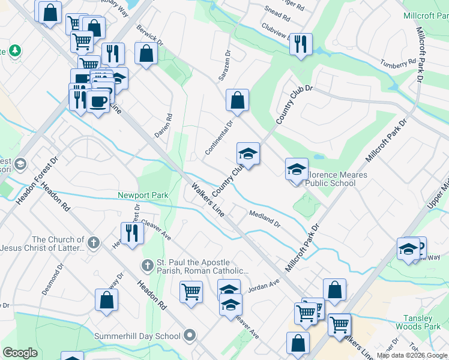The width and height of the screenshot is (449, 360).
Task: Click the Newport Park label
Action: tap(143, 195)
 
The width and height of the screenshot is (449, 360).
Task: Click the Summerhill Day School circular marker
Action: tap(190, 335)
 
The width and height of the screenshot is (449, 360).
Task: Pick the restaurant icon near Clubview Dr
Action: tap(301, 44)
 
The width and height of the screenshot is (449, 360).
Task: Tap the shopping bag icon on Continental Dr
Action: tap(237, 100)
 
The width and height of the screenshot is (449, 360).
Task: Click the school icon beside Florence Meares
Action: tap(296, 169)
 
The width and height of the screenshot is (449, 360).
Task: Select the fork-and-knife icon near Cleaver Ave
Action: tap(132, 233)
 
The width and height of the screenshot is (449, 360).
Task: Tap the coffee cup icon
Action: tap(98, 100)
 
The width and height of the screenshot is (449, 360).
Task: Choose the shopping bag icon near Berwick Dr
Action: tap(146, 53)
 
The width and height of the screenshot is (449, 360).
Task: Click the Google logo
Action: tap(20, 353)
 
